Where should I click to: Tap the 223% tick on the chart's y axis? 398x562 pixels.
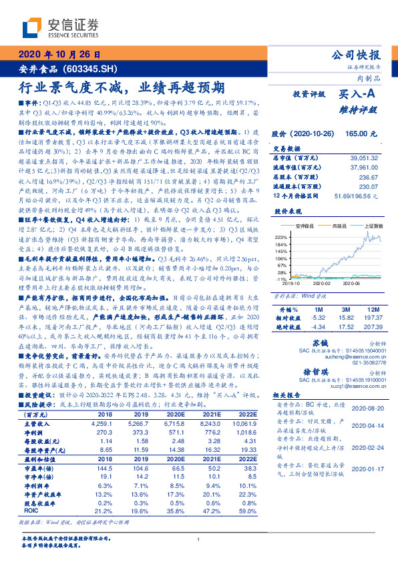(281, 236)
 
